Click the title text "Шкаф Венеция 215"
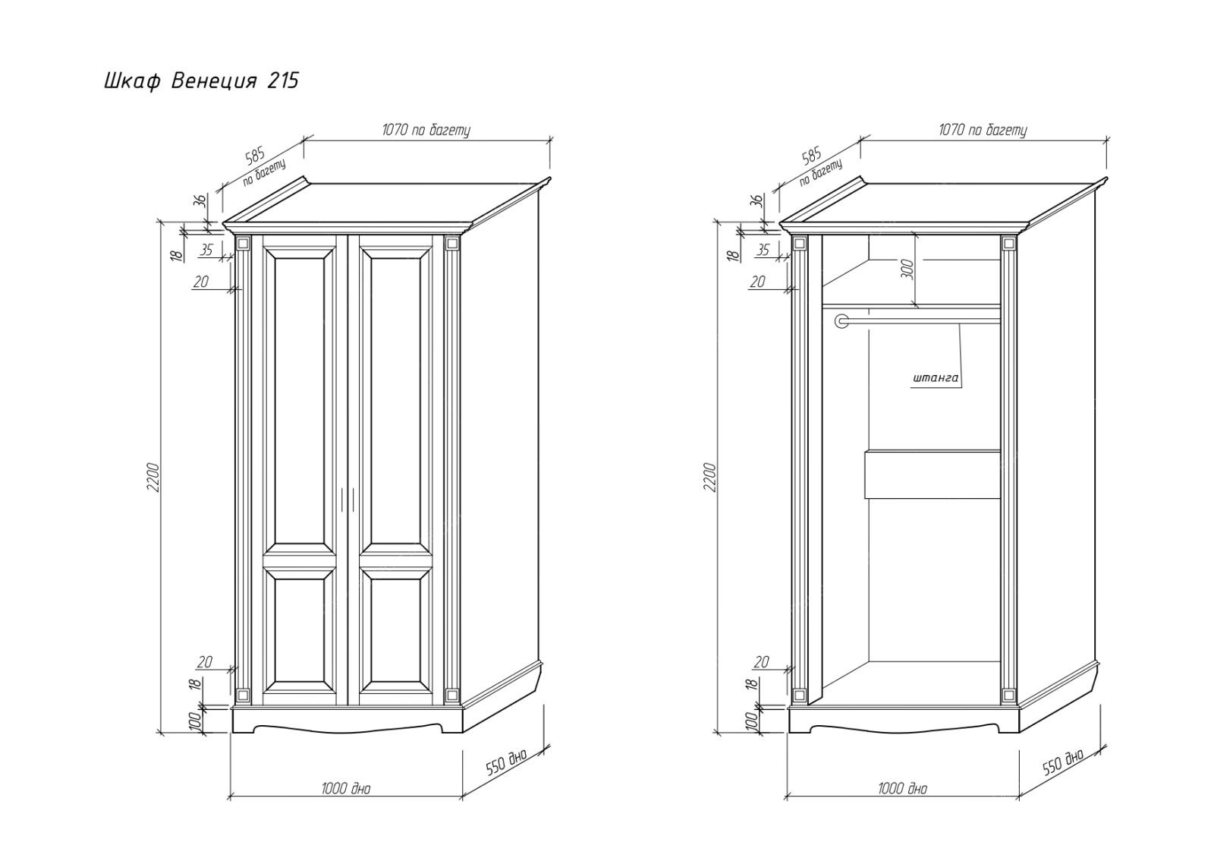click(201, 81)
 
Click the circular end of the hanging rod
click(841, 321)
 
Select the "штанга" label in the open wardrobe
click(936, 378)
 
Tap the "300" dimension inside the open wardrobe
click(909, 269)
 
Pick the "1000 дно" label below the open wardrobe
click(902, 789)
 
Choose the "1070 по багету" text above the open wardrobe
click(983, 130)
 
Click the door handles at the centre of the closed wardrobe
click(348, 499)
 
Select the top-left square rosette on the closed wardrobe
click(244, 244)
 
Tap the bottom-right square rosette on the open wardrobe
click(1008, 695)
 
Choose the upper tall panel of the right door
click(395, 401)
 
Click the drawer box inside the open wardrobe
click(933, 474)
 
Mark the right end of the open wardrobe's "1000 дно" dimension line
click(1019, 796)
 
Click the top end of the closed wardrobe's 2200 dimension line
click(160, 222)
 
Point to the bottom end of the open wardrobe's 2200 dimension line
click(717, 733)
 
